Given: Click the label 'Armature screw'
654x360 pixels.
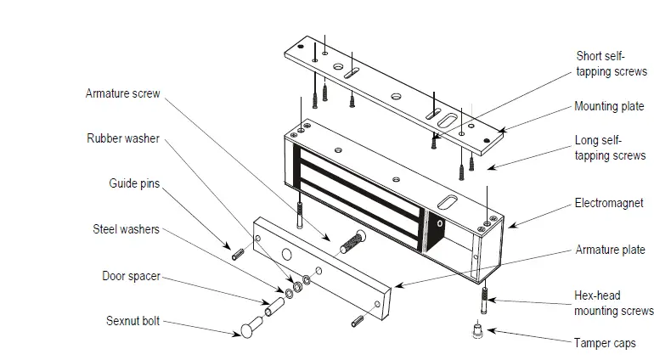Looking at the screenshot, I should (x=122, y=93).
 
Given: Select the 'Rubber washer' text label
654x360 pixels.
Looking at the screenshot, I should (x=122, y=138).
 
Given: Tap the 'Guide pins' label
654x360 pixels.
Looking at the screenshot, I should (x=133, y=183).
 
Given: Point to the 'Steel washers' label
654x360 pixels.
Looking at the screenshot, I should (x=126, y=229).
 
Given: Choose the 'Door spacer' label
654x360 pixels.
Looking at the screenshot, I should (x=131, y=276).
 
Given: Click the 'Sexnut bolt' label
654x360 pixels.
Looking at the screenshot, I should (x=132, y=323).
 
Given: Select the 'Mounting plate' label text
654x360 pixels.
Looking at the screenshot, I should (x=609, y=107).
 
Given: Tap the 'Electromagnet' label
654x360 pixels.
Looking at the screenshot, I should (x=609, y=204).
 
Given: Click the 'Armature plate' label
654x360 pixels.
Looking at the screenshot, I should (x=609, y=250).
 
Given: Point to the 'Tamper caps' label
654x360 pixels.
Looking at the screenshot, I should (x=605, y=343).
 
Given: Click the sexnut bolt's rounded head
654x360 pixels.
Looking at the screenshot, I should (x=247, y=326).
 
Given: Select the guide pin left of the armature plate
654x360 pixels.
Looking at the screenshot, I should (x=237, y=251).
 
